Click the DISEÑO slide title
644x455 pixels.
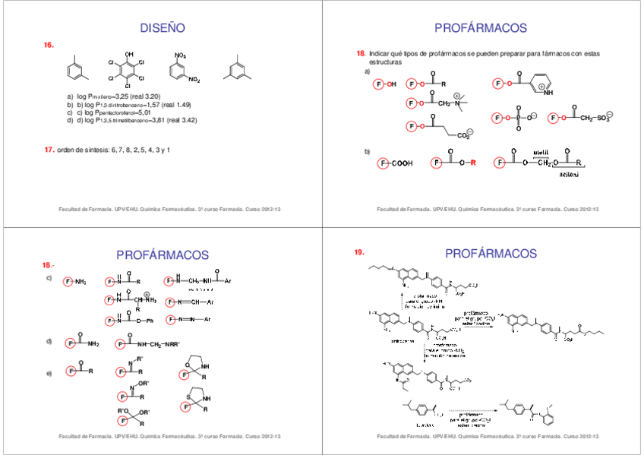click(163, 28)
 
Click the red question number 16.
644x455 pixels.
click(49, 46)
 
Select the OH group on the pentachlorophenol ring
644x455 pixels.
click(129, 54)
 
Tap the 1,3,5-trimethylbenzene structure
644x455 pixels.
click(238, 68)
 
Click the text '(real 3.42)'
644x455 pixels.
click(182, 120)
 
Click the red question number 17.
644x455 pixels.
click(49, 150)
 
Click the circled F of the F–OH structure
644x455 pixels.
click(378, 84)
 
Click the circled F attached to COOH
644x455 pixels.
click(384, 163)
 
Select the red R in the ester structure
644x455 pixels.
click(472, 163)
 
